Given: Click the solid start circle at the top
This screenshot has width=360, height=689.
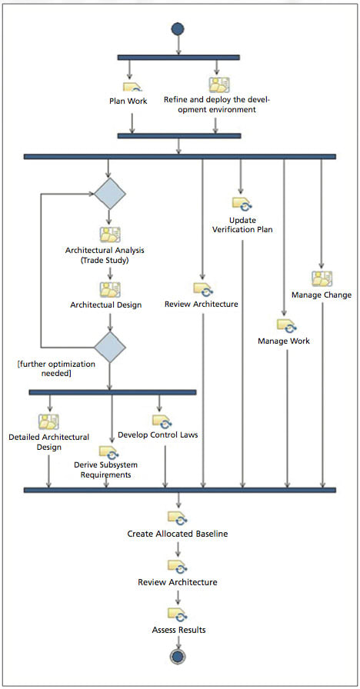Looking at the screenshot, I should [x=178, y=28].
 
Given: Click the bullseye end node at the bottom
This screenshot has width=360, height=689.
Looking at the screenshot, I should [x=178, y=657].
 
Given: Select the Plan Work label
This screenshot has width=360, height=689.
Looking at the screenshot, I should [x=132, y=100].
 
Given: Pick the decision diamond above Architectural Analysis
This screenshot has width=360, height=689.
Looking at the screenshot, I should [x=109, y=193].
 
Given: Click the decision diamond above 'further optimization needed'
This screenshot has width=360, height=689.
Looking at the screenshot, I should [x=109, y=348].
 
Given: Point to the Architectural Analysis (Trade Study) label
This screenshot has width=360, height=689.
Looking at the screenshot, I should [x=105, y=255].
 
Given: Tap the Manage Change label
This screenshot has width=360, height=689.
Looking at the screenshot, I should [x=322, y=295].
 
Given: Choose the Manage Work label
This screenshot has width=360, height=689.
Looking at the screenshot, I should [x=284, y=341].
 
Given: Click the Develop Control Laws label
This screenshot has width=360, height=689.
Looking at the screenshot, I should [x=158, y=434].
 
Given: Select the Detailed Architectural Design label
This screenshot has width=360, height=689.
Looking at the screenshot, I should [x=48, y=442].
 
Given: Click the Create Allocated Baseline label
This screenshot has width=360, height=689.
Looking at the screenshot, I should [x=178, y=533].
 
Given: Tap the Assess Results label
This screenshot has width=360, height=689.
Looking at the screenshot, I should [x=178, y=630].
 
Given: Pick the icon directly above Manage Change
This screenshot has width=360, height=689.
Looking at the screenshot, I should [x=322, y=278].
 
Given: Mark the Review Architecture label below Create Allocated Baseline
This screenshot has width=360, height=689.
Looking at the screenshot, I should [x=178, y=582].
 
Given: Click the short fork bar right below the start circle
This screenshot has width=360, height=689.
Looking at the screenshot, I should [x=178, y=56].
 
